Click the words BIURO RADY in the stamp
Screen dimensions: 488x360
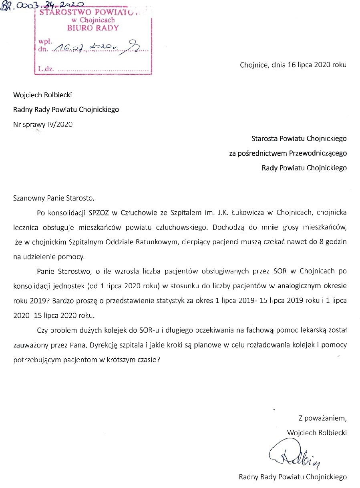(x=93, y=28)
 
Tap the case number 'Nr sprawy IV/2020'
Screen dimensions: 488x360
(x=43, y=125)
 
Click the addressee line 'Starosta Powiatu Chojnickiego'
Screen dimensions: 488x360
(x=299, y=139)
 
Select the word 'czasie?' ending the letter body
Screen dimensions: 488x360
(x=149, y=359)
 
